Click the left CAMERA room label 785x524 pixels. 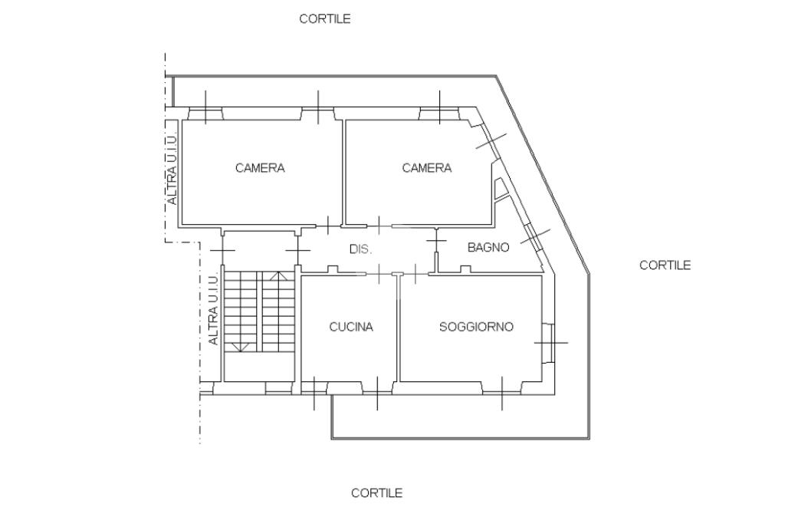coord(260,168)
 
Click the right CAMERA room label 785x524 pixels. coord(426,168)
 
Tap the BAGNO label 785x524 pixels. coord(488,247)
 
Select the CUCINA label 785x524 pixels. coord(351,327)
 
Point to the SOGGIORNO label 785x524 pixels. coord(476,327)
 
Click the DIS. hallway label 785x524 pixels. coord(360,249)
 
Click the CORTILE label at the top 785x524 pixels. coord(324,19)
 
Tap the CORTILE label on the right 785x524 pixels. coord(665,265)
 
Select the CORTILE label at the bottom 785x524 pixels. coord(376,493)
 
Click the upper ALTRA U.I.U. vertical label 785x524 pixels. coord(172,170)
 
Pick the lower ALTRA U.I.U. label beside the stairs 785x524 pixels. coord(213,310)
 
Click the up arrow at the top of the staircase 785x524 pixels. coord(278,276)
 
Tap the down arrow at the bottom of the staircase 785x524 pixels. coord(241,347)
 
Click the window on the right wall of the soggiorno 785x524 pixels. coord(550,343)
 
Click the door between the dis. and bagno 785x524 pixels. coord(436,242)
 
